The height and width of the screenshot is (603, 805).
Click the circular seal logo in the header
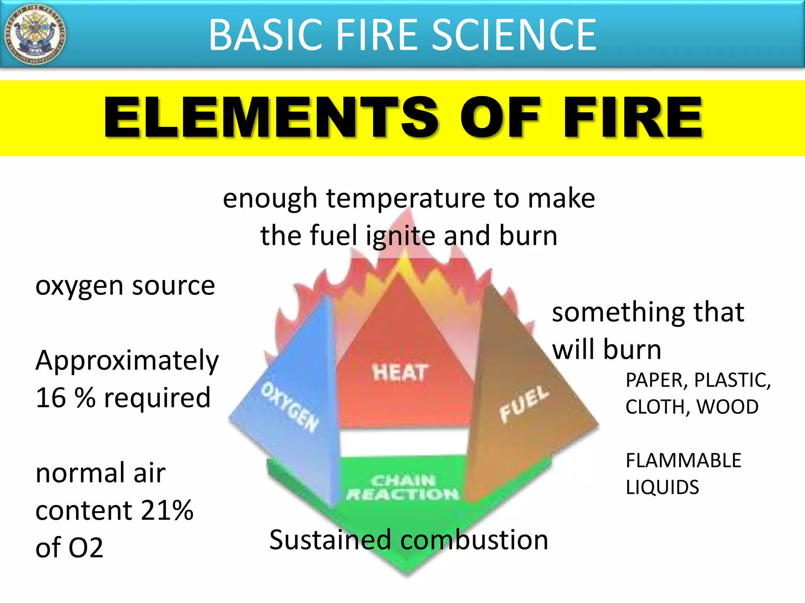35,35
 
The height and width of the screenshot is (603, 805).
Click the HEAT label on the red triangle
400,372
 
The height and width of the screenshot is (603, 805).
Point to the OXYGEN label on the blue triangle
290,407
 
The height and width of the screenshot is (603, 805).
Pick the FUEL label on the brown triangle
524,403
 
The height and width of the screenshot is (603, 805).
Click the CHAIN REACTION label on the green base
402,487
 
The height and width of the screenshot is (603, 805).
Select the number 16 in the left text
51,398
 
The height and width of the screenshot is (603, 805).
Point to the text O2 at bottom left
85,548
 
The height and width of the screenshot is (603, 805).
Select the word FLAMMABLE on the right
683,460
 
